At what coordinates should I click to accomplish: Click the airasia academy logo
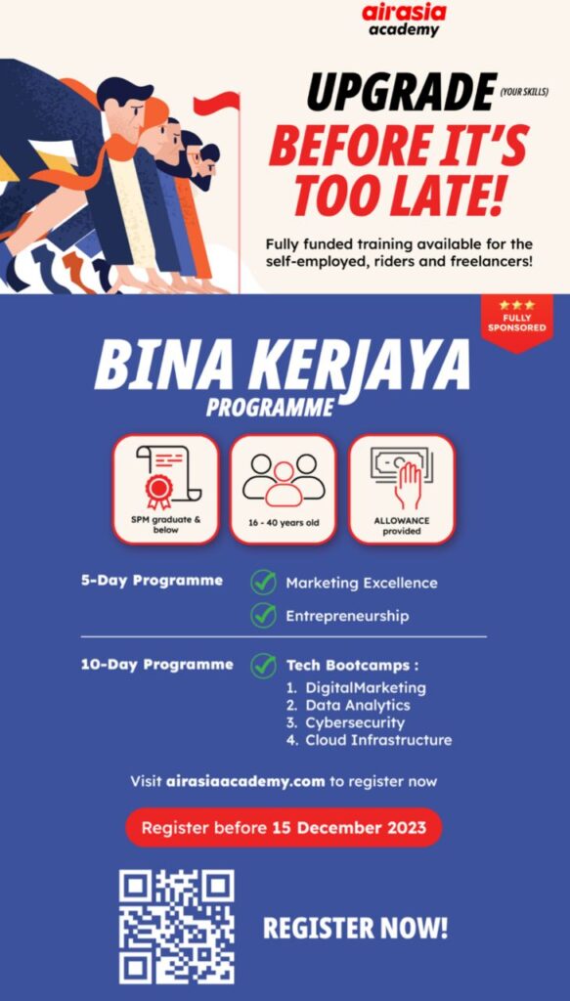point(404,20)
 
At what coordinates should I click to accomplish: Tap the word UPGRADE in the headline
point(402,92)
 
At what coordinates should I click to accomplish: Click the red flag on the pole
point(216,103)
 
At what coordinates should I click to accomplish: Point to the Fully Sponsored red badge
point(517,323)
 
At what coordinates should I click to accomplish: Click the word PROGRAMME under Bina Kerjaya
point(270,408)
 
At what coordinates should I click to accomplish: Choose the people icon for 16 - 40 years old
point(284,479)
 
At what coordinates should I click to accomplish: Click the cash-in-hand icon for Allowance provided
point(402,477)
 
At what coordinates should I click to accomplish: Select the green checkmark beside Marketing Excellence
point(263,583)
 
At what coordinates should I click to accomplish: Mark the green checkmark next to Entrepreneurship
point(263,616)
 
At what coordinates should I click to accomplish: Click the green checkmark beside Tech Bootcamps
point(263,665)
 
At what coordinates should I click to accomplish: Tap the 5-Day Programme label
point(152,581)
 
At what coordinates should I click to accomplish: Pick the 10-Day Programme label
point(157,665)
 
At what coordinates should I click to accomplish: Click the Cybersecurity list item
point(355,723)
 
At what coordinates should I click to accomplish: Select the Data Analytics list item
point(358,706)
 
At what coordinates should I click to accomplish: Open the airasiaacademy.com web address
point(245,781)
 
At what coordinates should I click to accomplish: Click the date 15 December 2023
point(349,828)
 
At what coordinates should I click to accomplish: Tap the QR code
point(177,927)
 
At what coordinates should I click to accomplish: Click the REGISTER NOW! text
point(356,929)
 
